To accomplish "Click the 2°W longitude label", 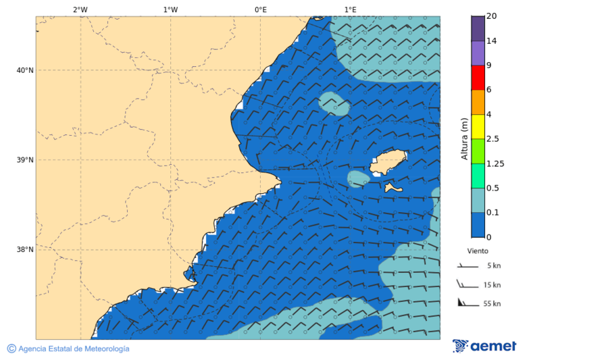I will click(x=80, y=9).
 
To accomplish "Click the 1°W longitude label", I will click(x=170, y=9).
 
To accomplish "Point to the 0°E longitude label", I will click(x=260, y=9).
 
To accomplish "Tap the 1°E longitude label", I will click(x=350, y=9).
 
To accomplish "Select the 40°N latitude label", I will click(x=25, y=70).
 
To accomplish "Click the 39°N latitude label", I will click(x=25, y=160).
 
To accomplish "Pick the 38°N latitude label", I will click(x=25, y=250).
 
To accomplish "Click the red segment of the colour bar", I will click(x=478, y=78).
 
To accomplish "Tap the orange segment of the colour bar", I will click(x=478, y=102).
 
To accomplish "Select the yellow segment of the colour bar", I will click(x=478, y=126).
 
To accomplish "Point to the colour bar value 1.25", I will click(x=496, y=163).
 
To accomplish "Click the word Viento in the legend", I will click(x=478, y=251).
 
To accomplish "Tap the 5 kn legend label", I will click(x=494, y=265).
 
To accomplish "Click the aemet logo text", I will click(x=493, y=346).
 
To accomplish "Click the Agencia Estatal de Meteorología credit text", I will click(x=73, y=349).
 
